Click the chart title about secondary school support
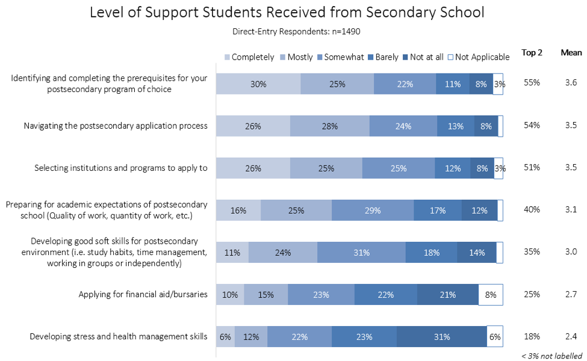(x=295, y=13)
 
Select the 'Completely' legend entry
(x=249, y=57)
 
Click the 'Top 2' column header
(x=532, y=53)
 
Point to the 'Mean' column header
(x=571, y=53)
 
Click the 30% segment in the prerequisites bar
(x=258, y=84)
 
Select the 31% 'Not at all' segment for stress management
(x=441, y=337)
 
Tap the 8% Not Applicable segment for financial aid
(x=491, y=295)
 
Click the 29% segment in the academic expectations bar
(x=372, y=211)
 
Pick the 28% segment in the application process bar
(x=329, y=126)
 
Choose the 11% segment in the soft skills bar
(x=232, y=253)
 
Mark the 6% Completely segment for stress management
(x=225, y=337)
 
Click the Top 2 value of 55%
(x=532, y=83)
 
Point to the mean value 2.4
(x=571, y=336)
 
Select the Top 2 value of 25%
(x=532, y=294)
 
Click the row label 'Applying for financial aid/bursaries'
(x=143, y=294)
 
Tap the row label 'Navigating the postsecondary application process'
(x=116, y=126)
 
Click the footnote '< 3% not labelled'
(x=551, y=355)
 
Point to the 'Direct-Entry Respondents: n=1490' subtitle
(x=295, y=31)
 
